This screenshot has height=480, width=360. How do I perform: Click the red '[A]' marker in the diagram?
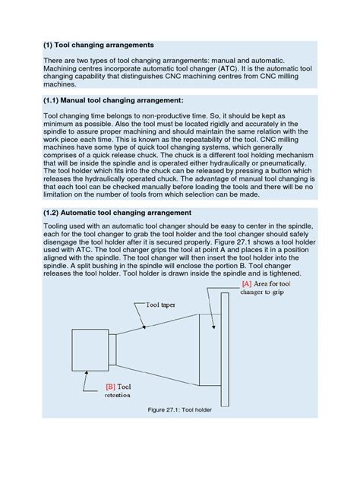(246, 284)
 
